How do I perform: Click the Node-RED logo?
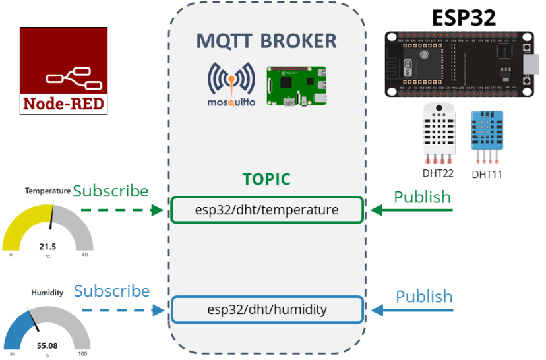(63, 71)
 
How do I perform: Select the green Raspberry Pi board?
(296, 86)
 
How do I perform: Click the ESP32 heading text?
(464, 18)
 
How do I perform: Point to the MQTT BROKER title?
(266, 41)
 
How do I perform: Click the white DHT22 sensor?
(439, 132)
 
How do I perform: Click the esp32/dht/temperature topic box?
(266, 210)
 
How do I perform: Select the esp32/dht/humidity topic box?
(266, 309)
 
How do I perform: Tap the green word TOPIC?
(266, 179)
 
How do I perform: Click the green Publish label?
(422, 196)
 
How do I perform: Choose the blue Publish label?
(424, 296)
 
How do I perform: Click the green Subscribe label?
(111, 191)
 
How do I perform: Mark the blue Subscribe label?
(111, 291)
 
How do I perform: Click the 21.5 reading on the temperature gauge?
(47, 247)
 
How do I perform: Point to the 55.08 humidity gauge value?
(47, 345)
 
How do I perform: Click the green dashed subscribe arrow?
(121, 210)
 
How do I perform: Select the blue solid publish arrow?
(413, 310)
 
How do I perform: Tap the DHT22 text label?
(439, 174)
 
